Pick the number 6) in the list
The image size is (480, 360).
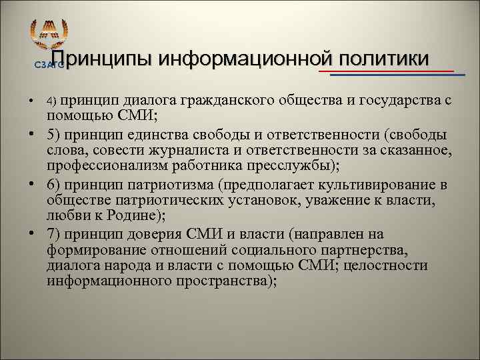point(55,185)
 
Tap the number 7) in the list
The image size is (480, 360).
point(55,234)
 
